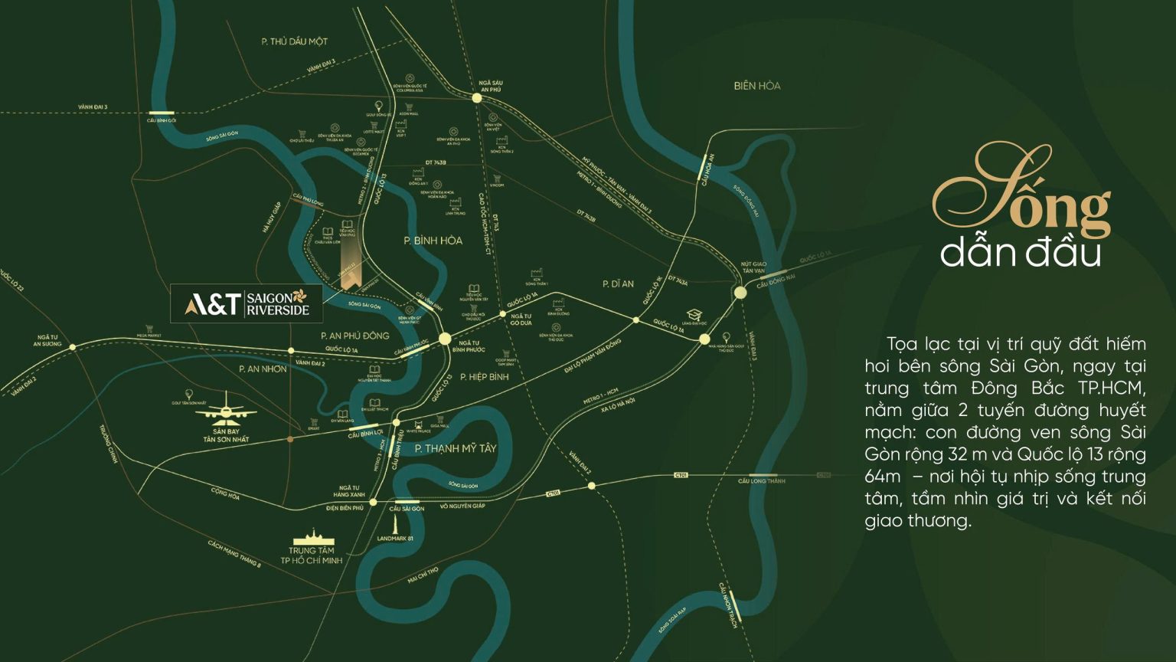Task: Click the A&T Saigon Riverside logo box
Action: click(x=247, y=303)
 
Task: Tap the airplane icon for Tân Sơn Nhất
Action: click(x=227, y=408)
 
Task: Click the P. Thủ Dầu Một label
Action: click(x=294, y=41)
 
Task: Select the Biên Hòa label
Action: click(x=756, y=86)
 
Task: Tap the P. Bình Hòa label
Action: click(x=433, y=241)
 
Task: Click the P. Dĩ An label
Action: click(x=618, y=283)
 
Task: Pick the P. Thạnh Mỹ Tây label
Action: click(x=456, y=448)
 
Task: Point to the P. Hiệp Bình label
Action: click(x=485, y=377)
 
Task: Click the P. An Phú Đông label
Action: click(x=355, y=336)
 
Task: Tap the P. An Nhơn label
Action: click(x=263, y=369)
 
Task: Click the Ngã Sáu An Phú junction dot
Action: click(x=477, y=98)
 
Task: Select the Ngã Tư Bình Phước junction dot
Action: click(x=445, y=339)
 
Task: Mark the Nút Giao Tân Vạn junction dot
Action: click(x=740, y=293)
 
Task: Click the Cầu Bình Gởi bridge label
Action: click(x=162, y=120)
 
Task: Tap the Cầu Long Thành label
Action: click(x=761, y=481)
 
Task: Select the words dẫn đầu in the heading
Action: click(x=1020, y=254)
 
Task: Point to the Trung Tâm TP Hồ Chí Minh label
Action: click(x=312, y=555)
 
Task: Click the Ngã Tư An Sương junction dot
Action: click(x=73, y=347)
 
